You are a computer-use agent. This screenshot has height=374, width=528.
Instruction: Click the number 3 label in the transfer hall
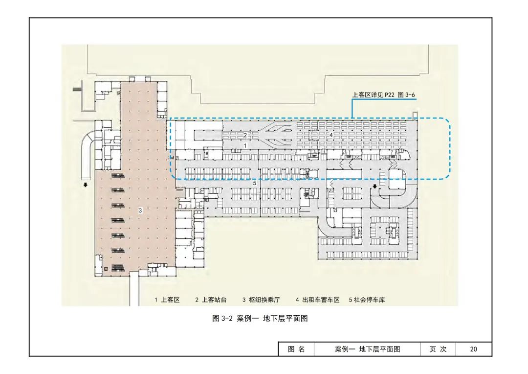pos(140,210)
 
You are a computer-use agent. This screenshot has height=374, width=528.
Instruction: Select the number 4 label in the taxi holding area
pos(331,135)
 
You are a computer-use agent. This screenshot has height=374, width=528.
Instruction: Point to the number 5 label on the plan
pos(255,183)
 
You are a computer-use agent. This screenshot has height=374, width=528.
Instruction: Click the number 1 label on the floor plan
pos(245,146)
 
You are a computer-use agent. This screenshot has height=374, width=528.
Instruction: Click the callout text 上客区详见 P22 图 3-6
pos(384,95)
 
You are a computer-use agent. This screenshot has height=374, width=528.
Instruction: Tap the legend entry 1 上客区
pos(168,300)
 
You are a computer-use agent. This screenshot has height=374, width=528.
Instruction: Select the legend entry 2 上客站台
pos(211,300)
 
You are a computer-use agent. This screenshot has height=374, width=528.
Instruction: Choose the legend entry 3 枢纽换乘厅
pos(261,300)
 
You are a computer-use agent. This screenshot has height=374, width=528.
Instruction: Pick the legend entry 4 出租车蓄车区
pos(317,300)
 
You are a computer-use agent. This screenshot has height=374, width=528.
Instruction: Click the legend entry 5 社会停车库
pos(367,300)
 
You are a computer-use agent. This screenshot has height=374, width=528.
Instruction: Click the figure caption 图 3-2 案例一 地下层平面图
pos(260,319)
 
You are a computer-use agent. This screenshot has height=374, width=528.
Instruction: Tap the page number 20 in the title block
pos(473,349)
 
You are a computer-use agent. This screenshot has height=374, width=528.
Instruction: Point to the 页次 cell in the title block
pos(438,349)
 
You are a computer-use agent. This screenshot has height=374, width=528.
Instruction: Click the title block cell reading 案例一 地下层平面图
pos(368,349)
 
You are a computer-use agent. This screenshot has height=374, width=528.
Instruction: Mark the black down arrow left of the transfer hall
pos(86,185)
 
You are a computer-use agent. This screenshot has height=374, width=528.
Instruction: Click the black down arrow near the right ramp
pos(375,186)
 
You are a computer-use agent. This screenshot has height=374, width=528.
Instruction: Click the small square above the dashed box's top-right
pos(415,115)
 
